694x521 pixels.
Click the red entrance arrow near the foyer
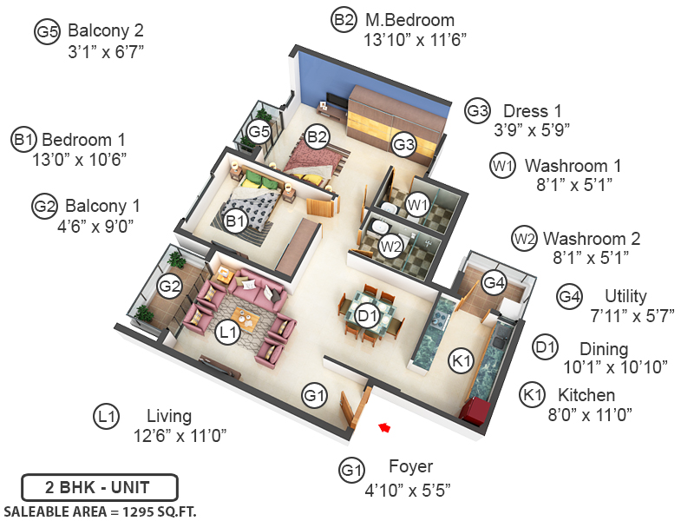(x=383, y=426)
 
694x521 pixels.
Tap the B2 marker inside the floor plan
(x=317, y=135)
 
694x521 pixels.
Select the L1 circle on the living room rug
(x=226, y=332)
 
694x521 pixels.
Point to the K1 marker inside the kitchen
(x=460, y=359)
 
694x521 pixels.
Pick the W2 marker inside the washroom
(x=391, y=245)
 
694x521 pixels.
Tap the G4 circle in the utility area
(x=494, y=282)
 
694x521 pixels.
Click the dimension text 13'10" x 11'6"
(x=409, y=38)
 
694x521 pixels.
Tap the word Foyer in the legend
(x=410, y=467)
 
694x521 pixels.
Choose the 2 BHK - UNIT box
(x=99, y=486)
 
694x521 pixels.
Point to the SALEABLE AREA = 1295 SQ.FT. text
(x=101, y=511)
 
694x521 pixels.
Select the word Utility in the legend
(x=625, y=296)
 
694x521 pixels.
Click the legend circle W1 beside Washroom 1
(x=503, y=165)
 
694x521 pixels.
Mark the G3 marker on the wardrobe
(x=403, y=145)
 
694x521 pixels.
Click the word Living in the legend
(x=168, y=416)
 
